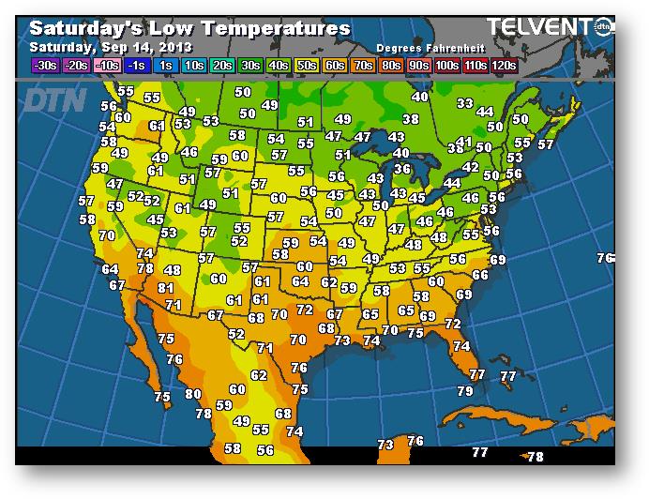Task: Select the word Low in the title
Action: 171,28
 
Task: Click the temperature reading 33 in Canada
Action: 464,103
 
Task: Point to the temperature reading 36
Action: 402,169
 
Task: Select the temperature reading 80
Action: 193,395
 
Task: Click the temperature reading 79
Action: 465,391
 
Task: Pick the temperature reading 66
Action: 480,275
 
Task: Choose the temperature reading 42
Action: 471,167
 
